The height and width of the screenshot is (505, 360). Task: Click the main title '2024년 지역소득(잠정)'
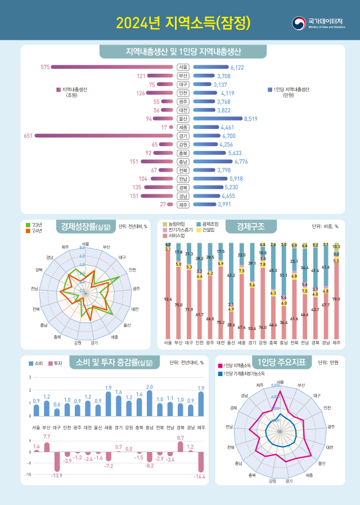coord(182,23)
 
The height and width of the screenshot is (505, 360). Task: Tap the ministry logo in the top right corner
coord(318,23)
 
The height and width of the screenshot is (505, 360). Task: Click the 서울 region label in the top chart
coord(183,67)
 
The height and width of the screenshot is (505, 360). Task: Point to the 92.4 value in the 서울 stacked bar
coord(168,299)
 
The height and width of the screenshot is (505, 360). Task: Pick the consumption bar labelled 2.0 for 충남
coord(149,403)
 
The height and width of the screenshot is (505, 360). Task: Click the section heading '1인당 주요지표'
coord(281,363)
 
